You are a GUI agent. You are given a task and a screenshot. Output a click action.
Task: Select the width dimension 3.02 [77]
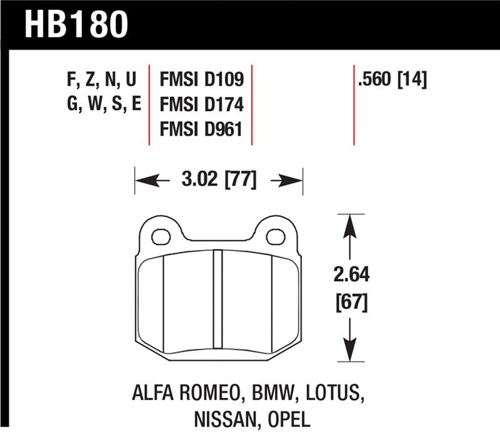click(219, 181)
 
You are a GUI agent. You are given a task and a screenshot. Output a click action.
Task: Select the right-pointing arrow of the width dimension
click(290, 181)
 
